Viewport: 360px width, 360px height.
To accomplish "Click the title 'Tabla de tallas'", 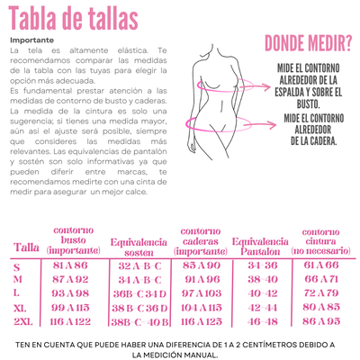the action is coord(73,17).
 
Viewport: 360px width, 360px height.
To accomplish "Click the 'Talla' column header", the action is coord(27,247).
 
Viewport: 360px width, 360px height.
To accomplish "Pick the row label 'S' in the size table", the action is coord(16,266).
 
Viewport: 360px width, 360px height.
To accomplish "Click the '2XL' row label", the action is coord(22,320).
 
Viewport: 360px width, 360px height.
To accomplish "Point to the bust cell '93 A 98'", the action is coord(71,293).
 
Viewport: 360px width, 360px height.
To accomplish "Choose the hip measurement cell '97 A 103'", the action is coord(201,293).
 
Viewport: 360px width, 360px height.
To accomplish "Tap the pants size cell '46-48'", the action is coord(263,320).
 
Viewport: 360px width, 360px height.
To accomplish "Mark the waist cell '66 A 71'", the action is coord(321,280).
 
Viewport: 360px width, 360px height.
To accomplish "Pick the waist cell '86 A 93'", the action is coord(321,320).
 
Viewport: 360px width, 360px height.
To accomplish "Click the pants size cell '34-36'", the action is coord(263,266).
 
